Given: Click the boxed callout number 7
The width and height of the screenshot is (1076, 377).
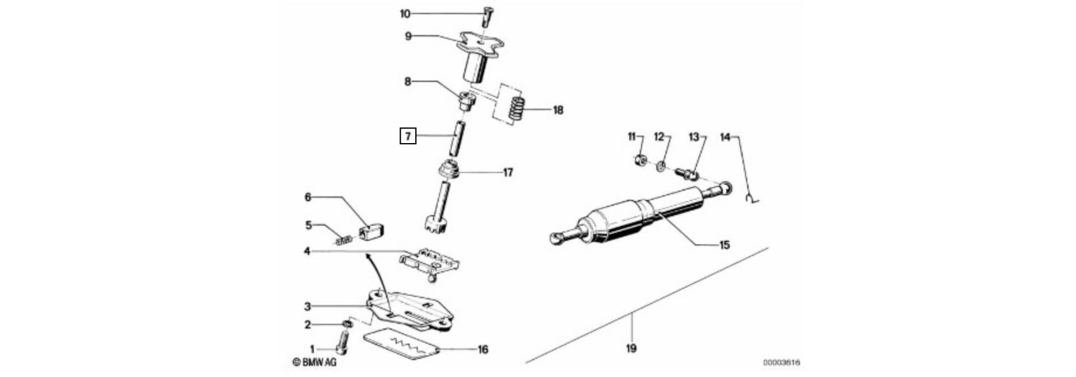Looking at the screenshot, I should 407,136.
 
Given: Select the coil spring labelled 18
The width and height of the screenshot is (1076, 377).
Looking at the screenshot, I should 517,108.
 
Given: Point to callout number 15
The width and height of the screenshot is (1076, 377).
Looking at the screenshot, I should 724,245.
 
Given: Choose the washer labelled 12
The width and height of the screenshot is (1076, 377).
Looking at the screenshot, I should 662,165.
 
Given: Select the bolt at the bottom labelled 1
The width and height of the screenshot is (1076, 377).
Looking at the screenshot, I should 344,341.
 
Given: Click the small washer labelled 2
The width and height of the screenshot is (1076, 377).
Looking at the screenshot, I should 347,324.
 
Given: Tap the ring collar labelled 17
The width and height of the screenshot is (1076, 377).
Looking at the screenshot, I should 449,170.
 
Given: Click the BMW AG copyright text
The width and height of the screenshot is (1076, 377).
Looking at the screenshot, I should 315,363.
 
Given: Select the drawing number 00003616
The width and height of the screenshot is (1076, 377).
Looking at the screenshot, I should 781,363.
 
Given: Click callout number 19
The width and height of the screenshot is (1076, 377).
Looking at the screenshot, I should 631,349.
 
